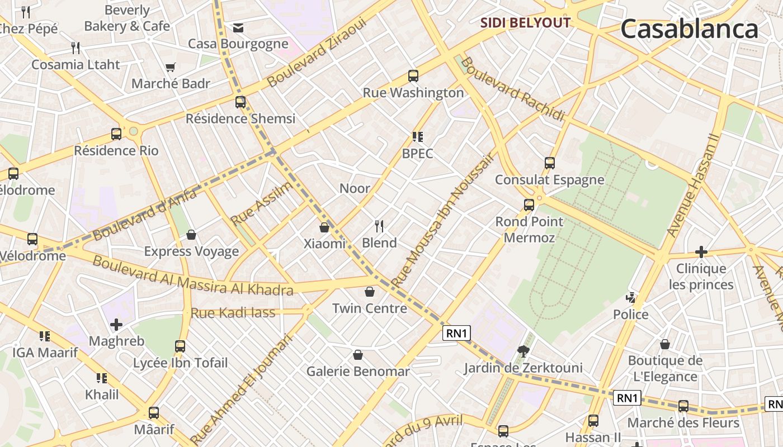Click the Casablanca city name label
(688, 29)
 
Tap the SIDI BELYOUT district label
(526, 23)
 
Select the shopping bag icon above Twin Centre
(369, 292)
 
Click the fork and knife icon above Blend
(379, 226)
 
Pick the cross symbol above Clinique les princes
(701, 252)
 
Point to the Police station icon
(631, 298)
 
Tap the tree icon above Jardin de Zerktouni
(523, 351)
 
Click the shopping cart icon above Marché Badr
(171, 68)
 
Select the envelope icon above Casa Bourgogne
(238, 27)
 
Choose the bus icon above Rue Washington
(413, 76)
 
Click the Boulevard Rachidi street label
(513, 88)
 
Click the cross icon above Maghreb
(116, 325)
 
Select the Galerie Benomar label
(358, 371)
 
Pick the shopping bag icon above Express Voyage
(191, 235)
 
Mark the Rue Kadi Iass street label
(233, 313)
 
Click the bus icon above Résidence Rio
(116, 134)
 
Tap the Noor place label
(355, 188)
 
